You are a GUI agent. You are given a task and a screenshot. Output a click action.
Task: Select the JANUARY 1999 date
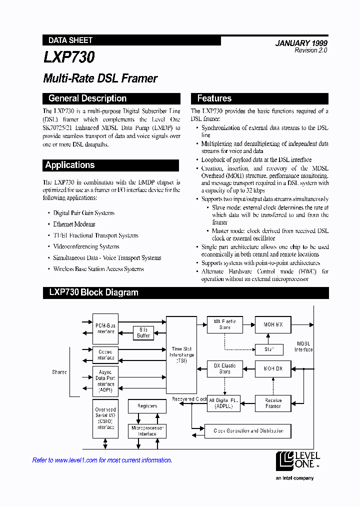301,43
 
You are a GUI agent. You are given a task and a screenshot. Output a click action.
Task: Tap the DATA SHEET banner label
70,40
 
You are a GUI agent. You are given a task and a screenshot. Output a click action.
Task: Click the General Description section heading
87,98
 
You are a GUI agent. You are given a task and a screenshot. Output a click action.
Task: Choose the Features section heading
214,98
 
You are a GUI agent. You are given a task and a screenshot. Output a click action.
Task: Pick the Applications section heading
70,165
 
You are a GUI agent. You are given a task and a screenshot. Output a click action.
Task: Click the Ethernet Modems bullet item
74,224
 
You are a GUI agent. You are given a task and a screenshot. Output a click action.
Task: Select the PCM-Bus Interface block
105,328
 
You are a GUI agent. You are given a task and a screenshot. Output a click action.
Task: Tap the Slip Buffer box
143,332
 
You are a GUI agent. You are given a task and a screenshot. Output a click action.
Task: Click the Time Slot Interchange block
180,354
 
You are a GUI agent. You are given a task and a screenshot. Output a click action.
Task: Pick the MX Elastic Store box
224,324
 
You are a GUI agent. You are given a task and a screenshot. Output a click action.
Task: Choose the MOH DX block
273,369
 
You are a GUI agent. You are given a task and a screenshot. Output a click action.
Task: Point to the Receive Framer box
273,403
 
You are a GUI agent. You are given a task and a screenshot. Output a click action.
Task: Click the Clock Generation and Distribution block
248,430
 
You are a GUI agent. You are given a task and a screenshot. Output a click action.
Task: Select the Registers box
147,406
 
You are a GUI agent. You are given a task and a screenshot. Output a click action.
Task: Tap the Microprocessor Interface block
147,431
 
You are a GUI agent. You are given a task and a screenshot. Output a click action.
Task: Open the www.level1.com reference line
102,460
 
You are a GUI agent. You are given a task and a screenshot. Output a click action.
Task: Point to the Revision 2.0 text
310,51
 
